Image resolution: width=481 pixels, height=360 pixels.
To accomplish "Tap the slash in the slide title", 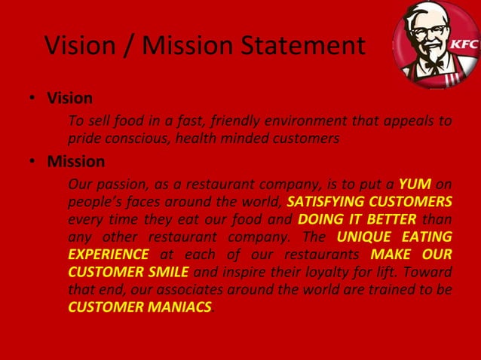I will (127, 46).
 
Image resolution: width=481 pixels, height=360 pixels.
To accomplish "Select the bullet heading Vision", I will (69, 98).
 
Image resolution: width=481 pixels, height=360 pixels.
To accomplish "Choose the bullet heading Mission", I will (76, 161).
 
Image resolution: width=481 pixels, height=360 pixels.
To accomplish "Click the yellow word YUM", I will (414, 184).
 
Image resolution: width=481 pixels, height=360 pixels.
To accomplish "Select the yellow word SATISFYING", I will (329, 202).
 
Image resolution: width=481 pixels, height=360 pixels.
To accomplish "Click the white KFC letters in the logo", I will (464, 44).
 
